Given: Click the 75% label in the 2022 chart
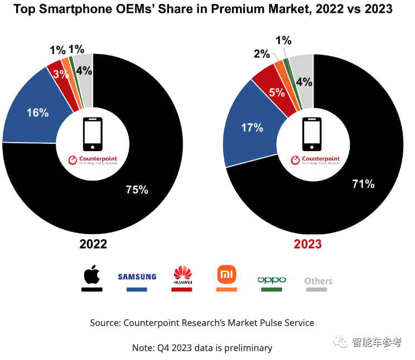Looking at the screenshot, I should pos(137,190).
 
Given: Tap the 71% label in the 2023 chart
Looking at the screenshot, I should pos(363,183).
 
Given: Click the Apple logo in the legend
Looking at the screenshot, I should pos(92,275).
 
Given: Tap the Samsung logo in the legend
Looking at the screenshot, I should pos(137,276).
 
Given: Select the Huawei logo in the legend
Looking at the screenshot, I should pos(182,275).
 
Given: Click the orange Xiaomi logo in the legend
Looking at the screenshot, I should pos(226,274).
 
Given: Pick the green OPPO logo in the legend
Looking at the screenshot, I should pos(272,279).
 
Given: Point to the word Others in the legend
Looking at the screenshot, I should pos(318,281).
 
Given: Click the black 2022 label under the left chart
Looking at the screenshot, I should pos(93,244).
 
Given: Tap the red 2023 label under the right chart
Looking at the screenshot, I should pos(308,244).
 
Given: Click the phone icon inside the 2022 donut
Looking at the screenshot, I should pos(93,134).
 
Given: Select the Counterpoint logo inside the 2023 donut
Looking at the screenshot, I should pos(315,160).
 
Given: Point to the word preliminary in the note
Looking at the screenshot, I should pos(245,348).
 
